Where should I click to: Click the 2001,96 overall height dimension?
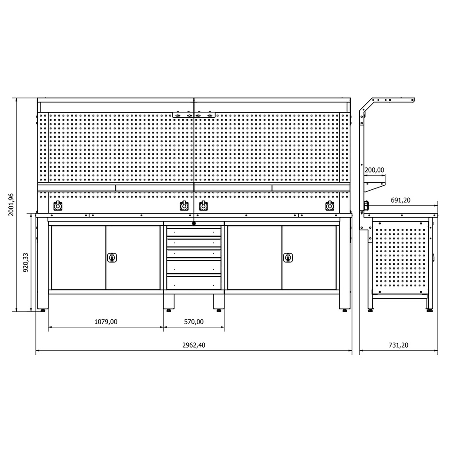(x=11, y=204)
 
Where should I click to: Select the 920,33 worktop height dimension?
(x=26, y=262)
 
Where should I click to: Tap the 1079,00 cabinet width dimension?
(x=106, y=322)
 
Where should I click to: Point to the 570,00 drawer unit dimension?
(x=194, y=322)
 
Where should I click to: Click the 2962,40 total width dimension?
(x=194, y=345)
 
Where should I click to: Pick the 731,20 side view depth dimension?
(x=399, y=345)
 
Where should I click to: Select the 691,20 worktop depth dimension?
(x=400, y=200)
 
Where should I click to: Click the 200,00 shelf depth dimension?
(x=374, y=170)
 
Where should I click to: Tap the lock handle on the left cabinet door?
(x=112, y=258)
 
